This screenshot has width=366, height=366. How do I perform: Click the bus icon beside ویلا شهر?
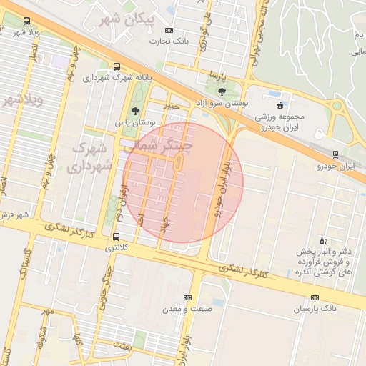[x=27, y=21]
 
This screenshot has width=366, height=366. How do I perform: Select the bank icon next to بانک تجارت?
[x=169, y=30]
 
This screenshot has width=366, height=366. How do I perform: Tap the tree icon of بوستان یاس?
[x=136, y=110]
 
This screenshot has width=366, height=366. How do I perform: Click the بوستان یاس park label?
[x=134, y=123]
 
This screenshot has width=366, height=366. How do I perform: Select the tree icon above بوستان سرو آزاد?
[x=220, y=91]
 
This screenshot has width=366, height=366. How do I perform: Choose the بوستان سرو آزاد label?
[x=222, y=104]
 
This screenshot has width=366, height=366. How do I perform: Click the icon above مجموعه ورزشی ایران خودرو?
[x=280, y=105]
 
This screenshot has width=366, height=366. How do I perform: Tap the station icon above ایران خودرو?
[x=336, y=154]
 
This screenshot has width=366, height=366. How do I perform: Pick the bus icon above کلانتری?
[x=116, y=237]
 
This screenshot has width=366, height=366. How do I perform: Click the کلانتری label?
[x=116, y=247]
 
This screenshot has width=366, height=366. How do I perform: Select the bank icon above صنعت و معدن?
[x=188, y=297]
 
